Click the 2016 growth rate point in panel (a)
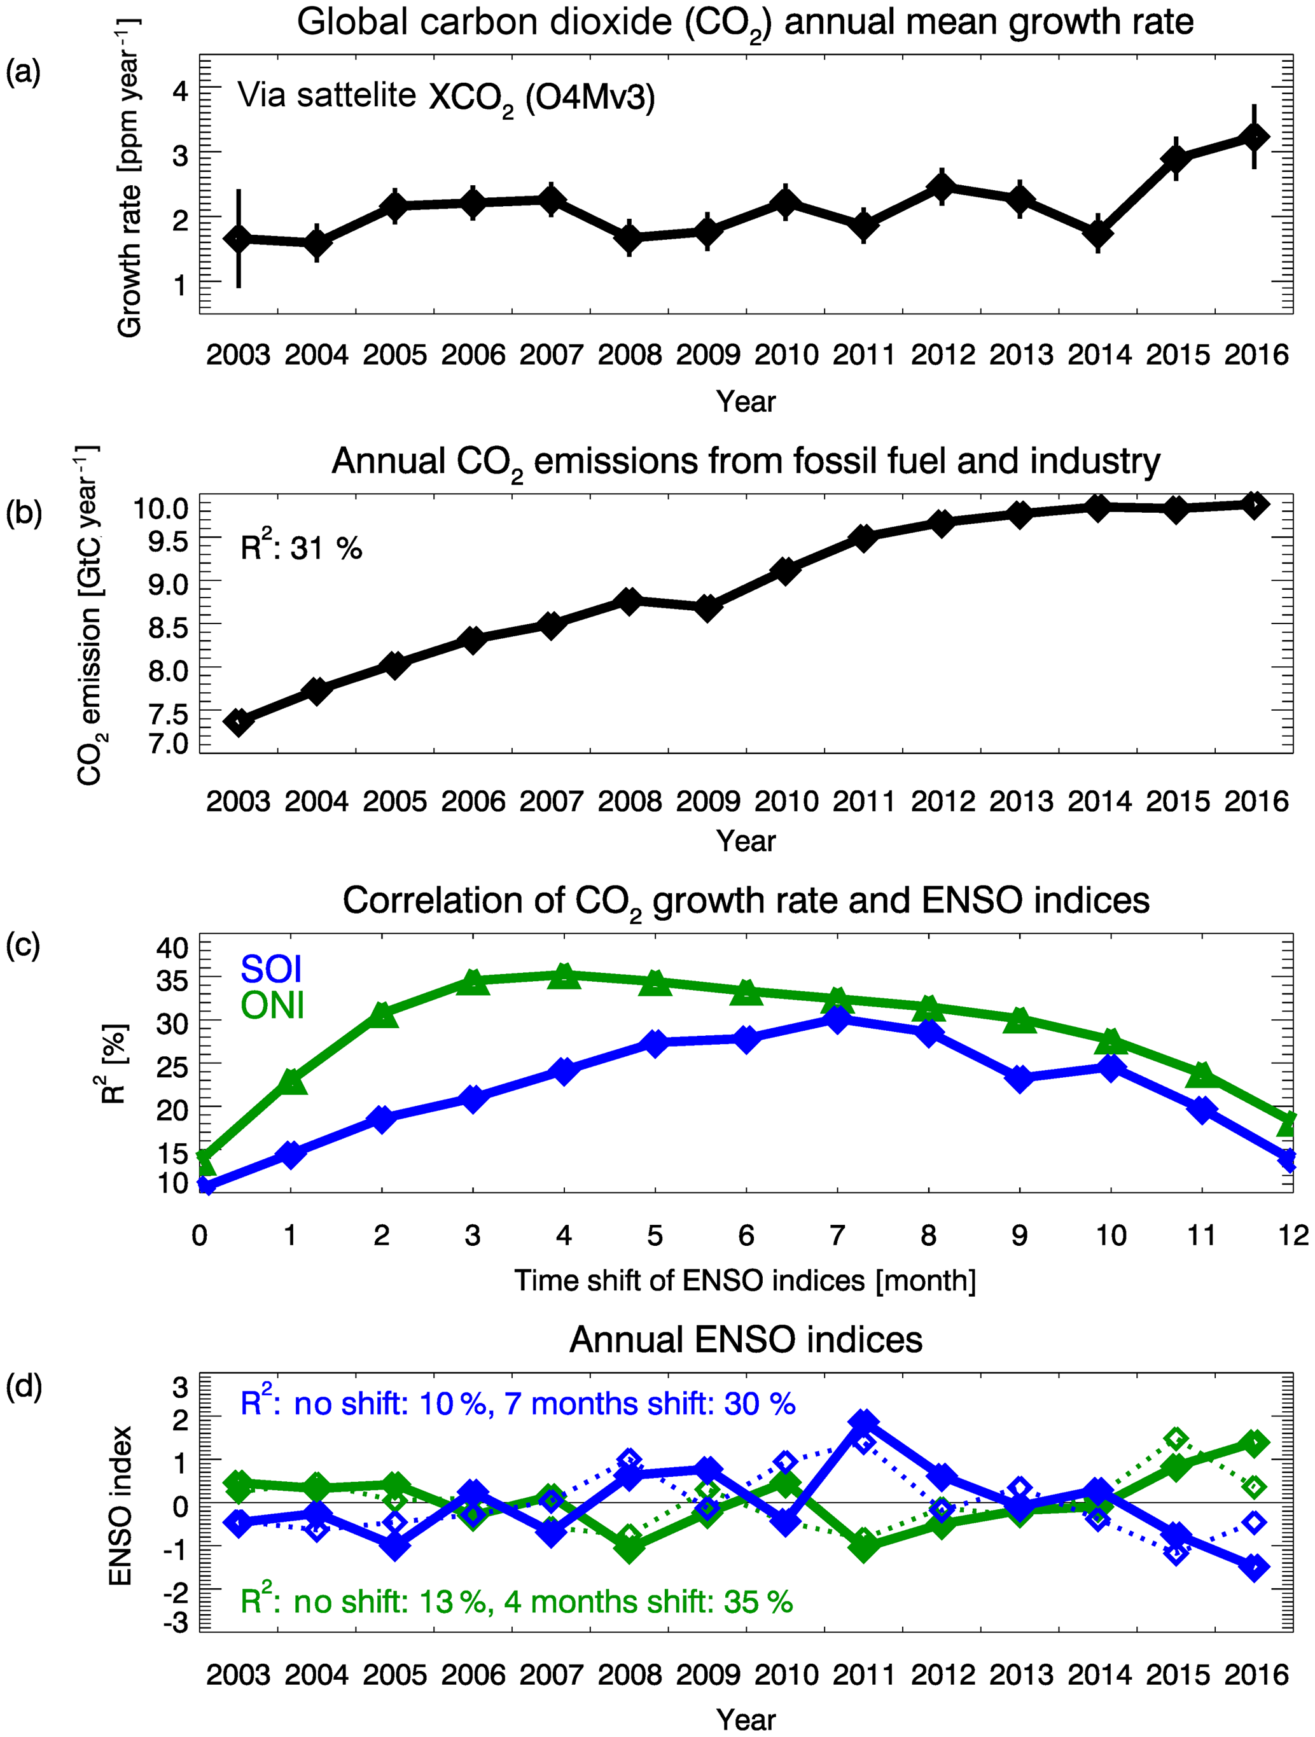point(1254,137)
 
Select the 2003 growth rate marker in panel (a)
point(238,238)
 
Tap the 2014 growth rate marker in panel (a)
point(1097,234)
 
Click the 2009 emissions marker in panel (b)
point(707,607)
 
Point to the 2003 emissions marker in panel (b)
point(238,721)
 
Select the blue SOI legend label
point(271,969)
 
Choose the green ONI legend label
point(272,1006)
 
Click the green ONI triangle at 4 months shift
point(564,976)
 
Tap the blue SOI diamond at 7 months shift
point(837,1019)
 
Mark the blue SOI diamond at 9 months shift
point(1020,1078)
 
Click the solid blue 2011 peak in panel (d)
point(863,1422)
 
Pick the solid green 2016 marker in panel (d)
point(1254,1442)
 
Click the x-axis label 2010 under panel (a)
point(786,355)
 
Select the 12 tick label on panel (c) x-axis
point(1292,1235)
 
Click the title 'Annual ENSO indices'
point(746,1339)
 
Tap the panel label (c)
point(23,945)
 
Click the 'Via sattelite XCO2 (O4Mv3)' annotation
point(446,97)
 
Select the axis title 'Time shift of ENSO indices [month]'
point(745,1281)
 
